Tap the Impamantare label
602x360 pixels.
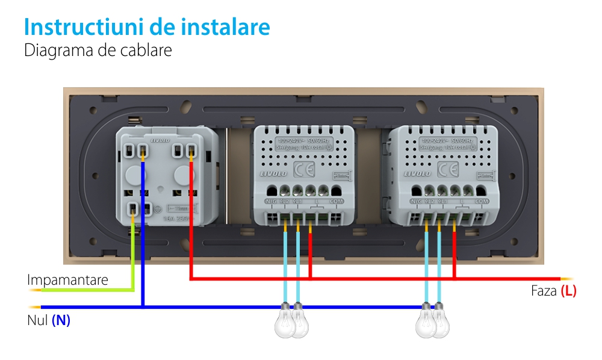click(x=67, y=281)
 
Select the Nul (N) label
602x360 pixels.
click(x=49, y=321)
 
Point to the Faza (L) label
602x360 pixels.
click(x=553, y=291)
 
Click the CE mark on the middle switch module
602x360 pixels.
click(x=300, y=167)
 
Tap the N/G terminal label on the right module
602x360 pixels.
click(x=415, y=202)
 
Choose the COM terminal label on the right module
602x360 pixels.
click(x=481, y=202)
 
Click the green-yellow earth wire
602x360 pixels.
click(x=132, y=259)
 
